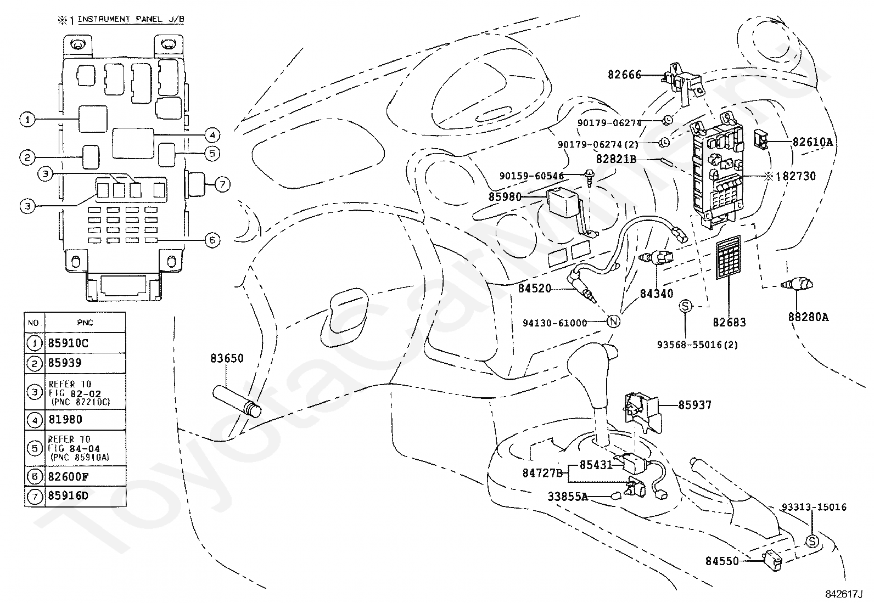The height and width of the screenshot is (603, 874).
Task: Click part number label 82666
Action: (624, 75)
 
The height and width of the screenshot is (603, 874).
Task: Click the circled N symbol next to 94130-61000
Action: (614, 322)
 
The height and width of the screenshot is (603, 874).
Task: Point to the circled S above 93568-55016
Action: (686, 306)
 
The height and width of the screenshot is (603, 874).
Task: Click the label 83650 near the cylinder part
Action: (227, 358)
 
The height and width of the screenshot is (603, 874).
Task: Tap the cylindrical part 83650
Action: (237, 401)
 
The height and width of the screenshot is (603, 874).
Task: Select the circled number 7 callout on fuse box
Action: (222, 184)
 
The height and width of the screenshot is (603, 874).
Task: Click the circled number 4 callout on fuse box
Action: (212, 136)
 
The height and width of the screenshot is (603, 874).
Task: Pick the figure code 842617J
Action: (844, 594)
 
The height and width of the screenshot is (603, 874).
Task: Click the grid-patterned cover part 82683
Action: (729, 257)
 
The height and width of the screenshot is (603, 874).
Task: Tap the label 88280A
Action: (808, 317)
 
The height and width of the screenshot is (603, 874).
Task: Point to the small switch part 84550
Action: (772, 561)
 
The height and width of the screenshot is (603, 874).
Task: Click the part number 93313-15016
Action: (814, 507)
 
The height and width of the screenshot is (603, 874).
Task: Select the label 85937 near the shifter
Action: (694, 405)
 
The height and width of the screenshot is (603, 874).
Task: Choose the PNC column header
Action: (85, 323)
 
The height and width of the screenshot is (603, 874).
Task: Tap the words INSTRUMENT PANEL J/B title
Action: (131, 19)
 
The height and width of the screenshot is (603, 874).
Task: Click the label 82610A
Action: (813, 142)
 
